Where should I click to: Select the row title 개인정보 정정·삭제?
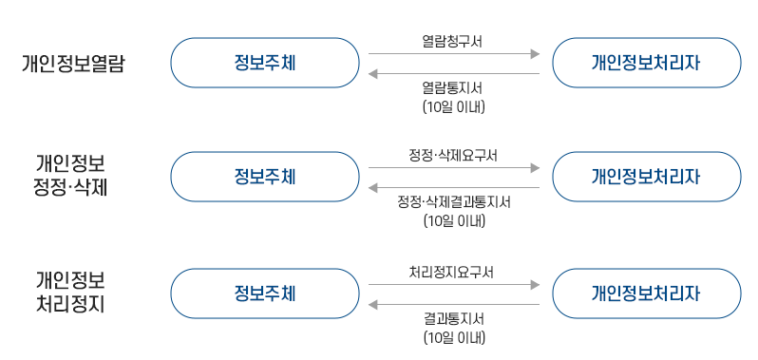[70, 175]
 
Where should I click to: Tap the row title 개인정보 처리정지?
[70, 293]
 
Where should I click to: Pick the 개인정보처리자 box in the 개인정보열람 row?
[646, 63]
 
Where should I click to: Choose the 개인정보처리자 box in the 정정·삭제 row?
[646, 177]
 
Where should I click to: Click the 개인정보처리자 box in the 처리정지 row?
[646, 294]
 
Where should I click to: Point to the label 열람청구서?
[453, 41]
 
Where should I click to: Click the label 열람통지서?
[453, 88]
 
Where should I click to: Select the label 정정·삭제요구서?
[453, 155]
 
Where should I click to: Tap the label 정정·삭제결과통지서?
[453, 202]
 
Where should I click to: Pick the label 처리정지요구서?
[453, 272]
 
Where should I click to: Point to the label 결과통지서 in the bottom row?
[453, 319]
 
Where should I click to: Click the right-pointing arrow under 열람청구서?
[453, 54]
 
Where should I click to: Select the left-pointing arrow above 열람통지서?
[453, 73]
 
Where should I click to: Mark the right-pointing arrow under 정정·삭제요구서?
[453, 168]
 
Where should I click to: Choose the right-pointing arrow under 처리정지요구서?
[453, 285]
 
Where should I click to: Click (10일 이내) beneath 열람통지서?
[453, 106]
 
